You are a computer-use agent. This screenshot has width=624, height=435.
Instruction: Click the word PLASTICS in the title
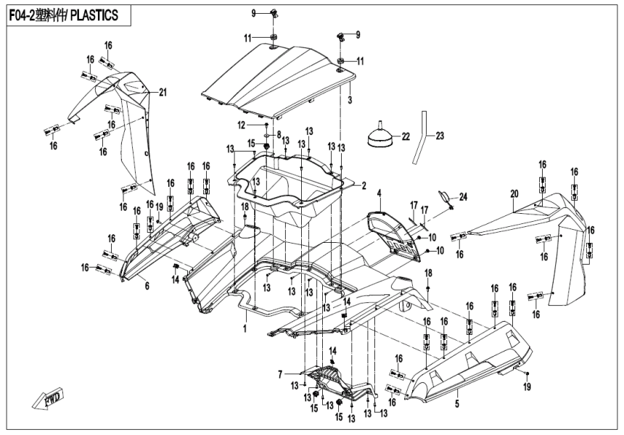pos(91,14)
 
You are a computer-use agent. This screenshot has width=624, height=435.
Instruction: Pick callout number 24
pos(464,196)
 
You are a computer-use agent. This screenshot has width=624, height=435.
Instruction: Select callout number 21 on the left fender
pos(163,91)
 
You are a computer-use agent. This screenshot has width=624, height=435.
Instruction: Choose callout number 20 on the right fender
pos(514,194)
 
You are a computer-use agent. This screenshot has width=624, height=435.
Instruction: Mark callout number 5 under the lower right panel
pos(456,402)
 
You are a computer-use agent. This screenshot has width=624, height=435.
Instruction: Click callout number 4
pos(379,193)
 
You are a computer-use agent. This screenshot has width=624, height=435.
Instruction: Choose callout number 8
pos(278,134)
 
